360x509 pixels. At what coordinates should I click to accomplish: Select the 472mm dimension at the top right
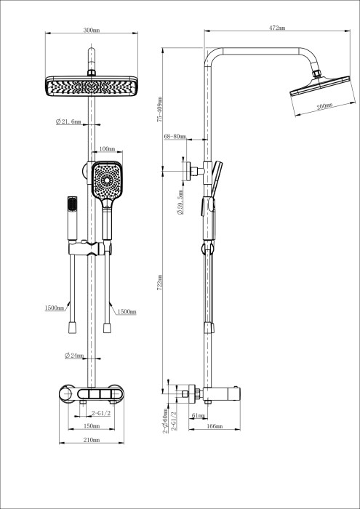coord(276,28)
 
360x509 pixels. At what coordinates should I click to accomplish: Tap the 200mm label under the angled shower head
coord(324,107)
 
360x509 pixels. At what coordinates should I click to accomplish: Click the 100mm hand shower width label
coord(107,150)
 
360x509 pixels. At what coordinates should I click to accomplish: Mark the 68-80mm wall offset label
coord(175,137)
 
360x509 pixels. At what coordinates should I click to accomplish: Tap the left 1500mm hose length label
coord(55,309)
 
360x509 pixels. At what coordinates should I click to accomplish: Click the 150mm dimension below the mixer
coord(90,426)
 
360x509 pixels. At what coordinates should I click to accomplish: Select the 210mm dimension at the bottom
coord(90,441)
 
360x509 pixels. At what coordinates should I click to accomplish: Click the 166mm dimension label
coord(214,426)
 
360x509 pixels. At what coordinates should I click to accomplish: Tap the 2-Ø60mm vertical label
coord(166,420)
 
